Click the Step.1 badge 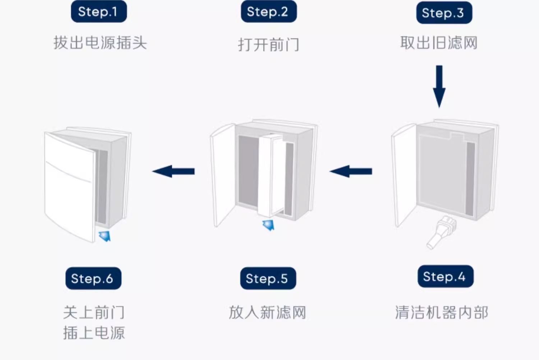coord(99,11)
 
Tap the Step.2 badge coord(268,11)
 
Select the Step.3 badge coord(444,13)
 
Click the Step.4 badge coord(445,276)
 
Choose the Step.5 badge coord(268,278)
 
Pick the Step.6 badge coord(93,278)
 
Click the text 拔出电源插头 coord(100,43)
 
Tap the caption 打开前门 coord(268,45)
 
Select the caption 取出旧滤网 coord(439,43)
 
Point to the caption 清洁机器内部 coord(442,312)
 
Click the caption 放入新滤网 coord(267,312)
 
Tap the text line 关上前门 coord(94,312)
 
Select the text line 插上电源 coord(94,333)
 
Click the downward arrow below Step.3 coord(439,86)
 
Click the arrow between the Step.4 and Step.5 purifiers coord(351,171)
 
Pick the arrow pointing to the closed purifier coord(174,171)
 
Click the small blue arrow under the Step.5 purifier coord(268,225)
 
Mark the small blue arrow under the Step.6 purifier coord(105,236)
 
